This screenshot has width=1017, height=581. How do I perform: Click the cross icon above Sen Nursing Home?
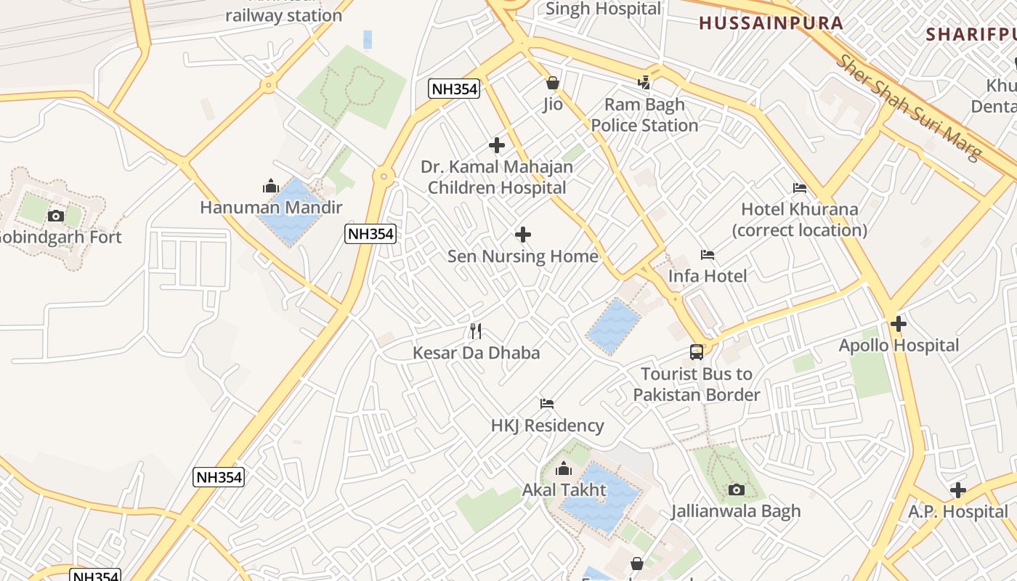coord(522,235)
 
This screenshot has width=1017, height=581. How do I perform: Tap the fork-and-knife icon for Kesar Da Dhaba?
coord(476,331)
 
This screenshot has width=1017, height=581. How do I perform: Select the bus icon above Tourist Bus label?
coord(697,352)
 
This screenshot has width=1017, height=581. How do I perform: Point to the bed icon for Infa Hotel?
coord(708,255)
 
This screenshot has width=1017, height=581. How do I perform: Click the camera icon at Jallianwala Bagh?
coord(737,489)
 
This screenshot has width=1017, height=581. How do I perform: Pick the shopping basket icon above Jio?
coord(553,83)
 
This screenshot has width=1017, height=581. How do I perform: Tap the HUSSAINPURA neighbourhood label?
coord(771,23)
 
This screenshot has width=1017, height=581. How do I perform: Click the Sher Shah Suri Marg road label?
coord(909,107)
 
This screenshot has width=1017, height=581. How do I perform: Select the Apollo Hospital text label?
coord(899,346)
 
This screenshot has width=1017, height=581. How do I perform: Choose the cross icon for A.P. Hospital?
coord(958,490)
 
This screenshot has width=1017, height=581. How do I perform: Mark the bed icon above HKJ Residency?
coord(547,404)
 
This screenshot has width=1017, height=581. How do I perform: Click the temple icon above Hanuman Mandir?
coord(271,186)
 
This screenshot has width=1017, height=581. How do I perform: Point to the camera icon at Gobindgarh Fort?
coord(55,216)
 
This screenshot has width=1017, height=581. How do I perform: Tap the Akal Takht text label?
coord(564,490)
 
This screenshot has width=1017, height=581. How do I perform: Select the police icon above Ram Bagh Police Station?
coord(644,83)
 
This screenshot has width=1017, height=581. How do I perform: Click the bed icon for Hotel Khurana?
coord(800,188)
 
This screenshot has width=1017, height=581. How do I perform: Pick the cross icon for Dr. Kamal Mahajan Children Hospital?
coord(497,145)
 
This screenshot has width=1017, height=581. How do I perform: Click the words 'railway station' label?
coord(283,15)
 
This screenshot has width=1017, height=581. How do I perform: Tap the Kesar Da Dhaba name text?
coord(477,353)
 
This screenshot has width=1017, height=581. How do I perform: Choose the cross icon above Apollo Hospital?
coord(899,324)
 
